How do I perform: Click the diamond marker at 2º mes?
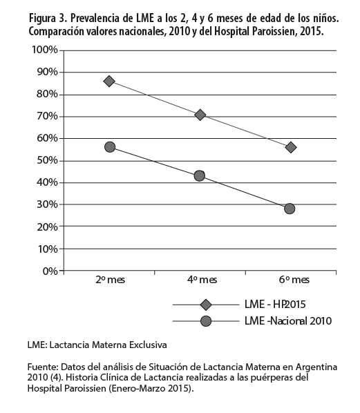point(109,81)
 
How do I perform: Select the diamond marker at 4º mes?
point(200,115)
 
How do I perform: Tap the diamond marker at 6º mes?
point(291,147)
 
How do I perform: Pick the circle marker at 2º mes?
point(110,147)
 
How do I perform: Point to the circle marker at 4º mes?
point(200,175)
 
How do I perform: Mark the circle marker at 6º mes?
point(290,209)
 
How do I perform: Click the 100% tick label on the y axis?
point(44,50)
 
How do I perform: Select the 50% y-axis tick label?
point(47,160)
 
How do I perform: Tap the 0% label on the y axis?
point(50,271)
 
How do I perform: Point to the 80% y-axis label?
point(47,94)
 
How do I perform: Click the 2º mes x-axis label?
point(110,280)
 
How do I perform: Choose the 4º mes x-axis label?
point(202,280)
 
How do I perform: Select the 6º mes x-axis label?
point(294,280)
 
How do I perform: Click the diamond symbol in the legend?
point(206,305)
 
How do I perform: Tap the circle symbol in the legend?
point(206,321)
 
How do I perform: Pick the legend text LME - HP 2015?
point(275,305)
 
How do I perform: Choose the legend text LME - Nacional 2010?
point(288,321)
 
